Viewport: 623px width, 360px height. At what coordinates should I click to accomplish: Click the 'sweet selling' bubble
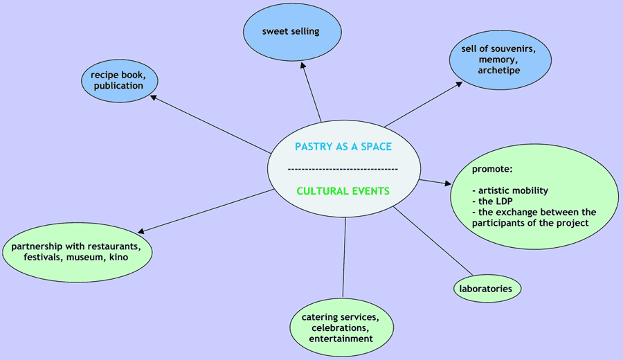[x=291, y=31]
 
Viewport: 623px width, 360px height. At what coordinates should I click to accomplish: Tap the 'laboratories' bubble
[x=486, y=288]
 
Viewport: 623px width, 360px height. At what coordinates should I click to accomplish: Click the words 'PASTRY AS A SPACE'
[x=343, y=146]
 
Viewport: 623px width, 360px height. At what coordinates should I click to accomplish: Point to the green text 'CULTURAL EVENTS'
[x=343, y=190]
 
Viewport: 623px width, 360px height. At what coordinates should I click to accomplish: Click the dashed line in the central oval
[x=343, y=169]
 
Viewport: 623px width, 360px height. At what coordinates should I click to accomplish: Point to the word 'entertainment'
[x=341, y=339]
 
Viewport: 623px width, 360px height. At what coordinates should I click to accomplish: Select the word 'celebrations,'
[x=341, y=327]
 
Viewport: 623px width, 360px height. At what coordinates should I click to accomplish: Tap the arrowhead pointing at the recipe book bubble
[x=154, y=98]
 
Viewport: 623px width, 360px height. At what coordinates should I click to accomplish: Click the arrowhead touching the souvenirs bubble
[x=459, y=84]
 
